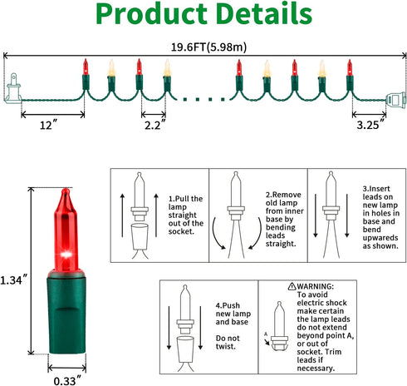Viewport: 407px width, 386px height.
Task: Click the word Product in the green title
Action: pyautogui.click(x=151, y=14)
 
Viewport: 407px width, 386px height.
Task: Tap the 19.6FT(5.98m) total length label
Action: pyautogui.click(x=208, y=47)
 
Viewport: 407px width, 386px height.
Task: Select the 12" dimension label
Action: pyautogui.click(x=48, y=125)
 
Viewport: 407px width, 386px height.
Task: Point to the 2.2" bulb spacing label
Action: pyautogui.click(x=154, y=125)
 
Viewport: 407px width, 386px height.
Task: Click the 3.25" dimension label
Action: pyautogui.click(x=371, y=125)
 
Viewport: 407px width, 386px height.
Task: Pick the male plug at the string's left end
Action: pyautogui.click(x=12, y=88)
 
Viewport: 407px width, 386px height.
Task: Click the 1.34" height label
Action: pyautogui.click(x=14, y=280)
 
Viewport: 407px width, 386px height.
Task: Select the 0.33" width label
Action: pyautogui.click(x=68, y=380)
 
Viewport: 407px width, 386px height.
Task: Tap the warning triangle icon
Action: pyautogui.click(x=292, y=286)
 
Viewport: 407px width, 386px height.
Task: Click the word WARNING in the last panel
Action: pyautogui.click(x=315, y=286)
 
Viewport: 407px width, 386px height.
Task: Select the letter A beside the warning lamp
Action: pyautogui.click(x=266, y=334)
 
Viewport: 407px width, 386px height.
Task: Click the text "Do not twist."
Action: pyautogui.click(x=228, y=342)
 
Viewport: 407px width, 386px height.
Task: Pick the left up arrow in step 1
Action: pyautogui.click(x=122, y=215)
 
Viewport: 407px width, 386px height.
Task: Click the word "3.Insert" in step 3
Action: pyautogui.click(x=376, y=189)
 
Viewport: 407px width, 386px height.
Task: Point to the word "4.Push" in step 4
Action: pyautogui.click(x=228, y=305)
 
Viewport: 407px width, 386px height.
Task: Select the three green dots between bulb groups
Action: pyautogui.click(x=203, y=99)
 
